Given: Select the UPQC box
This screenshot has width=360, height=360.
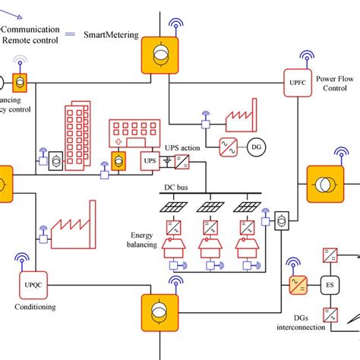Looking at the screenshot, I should (x=28, y=286).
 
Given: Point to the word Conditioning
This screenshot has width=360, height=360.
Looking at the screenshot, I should (x=36, y=308).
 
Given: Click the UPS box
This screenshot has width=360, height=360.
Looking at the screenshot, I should (x=150, y=161).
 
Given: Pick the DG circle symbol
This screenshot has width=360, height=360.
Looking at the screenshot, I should (x=256, y=144).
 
